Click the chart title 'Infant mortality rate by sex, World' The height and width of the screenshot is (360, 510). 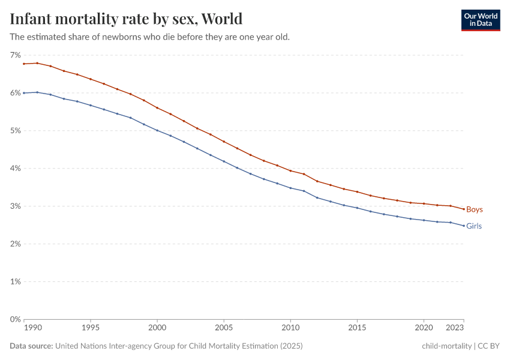coord(126,19)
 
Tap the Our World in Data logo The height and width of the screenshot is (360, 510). coord(481,20)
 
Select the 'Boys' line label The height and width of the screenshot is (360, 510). coord(474,209)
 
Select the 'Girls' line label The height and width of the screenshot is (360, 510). coord(473,226)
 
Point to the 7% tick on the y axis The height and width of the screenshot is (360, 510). coord(15,55)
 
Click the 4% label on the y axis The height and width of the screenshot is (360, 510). coord(15,169)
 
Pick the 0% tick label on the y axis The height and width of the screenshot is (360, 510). coord(15,319)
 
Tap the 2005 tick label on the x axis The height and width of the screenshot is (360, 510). coord(224,328)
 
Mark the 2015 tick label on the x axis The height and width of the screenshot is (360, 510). coord(357,328)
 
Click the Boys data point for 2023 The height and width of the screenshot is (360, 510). coord(464,209)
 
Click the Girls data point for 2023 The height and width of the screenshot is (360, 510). coord(464,226)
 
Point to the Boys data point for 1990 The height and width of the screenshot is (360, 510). coord(24,64)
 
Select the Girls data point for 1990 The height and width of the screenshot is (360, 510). coord(24,93)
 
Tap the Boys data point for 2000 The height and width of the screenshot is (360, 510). coord(157,108)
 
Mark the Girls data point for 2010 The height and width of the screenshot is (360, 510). coord(290,188)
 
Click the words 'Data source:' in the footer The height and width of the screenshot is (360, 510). coord(31,346)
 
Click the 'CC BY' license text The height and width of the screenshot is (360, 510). coord(488,346)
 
